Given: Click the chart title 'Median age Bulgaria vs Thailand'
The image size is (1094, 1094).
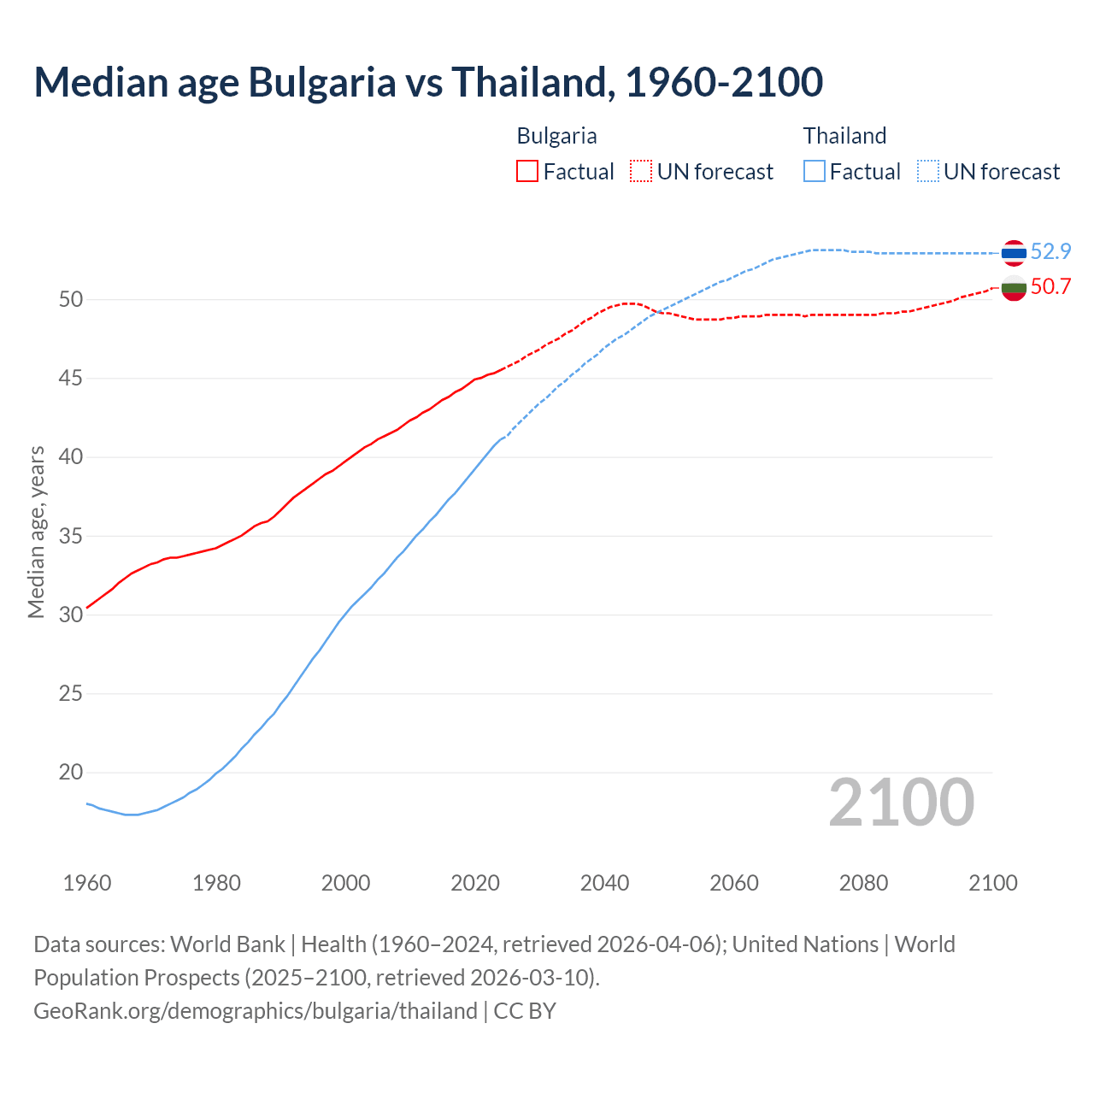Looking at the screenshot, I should coord(427,82).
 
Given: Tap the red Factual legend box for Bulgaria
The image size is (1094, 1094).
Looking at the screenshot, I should coord(527,172).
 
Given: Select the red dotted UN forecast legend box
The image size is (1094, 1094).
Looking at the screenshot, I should coord(641,172).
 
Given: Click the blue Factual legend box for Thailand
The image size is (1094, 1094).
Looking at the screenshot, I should coord(815,172).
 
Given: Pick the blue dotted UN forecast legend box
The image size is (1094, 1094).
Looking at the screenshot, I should coord(927,172).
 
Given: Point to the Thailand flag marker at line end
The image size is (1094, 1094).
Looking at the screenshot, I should coord(1014,252).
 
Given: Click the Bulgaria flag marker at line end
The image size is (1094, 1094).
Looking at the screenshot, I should coord(1014,288).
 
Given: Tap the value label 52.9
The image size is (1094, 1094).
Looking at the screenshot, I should coord(1050,251).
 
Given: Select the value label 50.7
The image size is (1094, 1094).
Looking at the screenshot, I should coord(1050,286).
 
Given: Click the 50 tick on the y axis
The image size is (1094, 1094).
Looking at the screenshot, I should coord(71,299).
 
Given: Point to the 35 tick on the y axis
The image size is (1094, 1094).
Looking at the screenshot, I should coord(71,537).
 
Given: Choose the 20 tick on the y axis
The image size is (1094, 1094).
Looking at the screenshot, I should coord(71,773).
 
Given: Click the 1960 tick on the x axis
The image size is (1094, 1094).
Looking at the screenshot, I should coord(87,883).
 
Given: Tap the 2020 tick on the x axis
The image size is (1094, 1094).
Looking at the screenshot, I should coord(475,883).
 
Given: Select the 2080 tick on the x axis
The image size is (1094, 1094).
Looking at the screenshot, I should coord(863,883).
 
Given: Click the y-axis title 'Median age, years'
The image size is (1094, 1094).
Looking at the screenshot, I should coord(36,532).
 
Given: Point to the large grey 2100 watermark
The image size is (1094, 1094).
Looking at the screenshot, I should coord(901,802).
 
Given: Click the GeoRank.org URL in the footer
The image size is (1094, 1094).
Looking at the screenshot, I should coord(255,1011).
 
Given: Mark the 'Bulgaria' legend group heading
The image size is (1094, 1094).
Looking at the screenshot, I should coord(556,136).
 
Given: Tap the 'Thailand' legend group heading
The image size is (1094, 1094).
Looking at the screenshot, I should coord(844,136).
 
